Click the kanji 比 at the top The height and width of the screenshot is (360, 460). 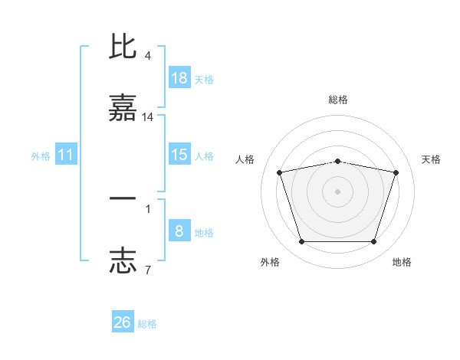point(123,47)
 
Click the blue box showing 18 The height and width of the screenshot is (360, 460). point(179,78)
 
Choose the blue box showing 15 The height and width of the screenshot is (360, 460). point(179,155)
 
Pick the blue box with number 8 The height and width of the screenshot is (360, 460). point(179,231)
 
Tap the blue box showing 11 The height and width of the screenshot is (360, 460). point(66,155)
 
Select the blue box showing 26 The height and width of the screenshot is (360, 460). point(123,322)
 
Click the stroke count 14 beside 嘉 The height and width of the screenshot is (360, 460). point(148,117)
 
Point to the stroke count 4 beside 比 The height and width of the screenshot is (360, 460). point(147,56)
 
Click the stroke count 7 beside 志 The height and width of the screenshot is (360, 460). point(147,270)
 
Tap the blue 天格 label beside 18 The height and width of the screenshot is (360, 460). point(204,80)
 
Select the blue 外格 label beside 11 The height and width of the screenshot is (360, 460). point(41,156)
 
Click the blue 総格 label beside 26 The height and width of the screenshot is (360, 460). point(147,324)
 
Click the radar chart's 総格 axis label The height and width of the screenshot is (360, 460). point(338,100)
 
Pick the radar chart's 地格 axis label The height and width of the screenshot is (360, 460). point(402,262)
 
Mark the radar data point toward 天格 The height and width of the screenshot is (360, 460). point(396,172)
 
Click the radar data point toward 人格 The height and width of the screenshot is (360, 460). point(280,172)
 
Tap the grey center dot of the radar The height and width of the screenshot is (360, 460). point(338,191)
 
